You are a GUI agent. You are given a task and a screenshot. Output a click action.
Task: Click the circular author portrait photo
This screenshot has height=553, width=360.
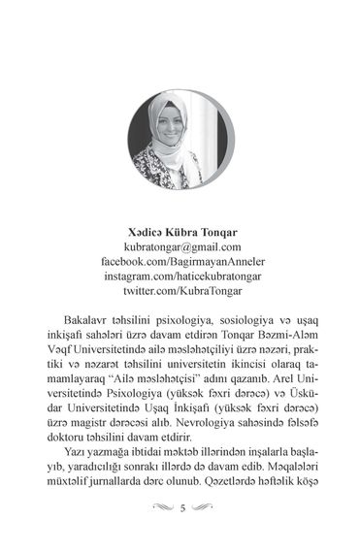180,141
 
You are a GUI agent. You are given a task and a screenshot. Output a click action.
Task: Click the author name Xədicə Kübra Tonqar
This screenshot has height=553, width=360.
180,232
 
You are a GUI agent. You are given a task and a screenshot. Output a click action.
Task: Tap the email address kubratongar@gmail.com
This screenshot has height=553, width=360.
180,247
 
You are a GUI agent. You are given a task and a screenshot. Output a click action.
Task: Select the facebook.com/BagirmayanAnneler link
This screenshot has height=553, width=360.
180,262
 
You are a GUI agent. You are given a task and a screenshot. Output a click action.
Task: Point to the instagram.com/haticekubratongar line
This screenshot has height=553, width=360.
180,276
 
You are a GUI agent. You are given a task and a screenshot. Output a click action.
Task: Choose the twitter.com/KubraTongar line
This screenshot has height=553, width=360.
180,291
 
